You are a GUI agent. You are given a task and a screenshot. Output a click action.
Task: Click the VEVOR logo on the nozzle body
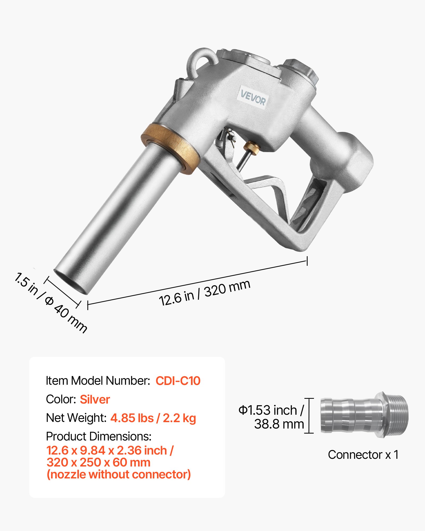point(253,98)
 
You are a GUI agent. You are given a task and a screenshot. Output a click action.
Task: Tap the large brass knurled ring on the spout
point(170,149)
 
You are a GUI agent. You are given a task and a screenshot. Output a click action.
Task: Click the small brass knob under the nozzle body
point(250,147)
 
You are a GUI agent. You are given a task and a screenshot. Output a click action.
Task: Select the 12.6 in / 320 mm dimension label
point(205,293)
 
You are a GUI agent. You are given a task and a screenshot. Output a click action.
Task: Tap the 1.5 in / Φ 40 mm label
point(50,303)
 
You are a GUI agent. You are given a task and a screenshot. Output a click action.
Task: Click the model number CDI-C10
point(178,381)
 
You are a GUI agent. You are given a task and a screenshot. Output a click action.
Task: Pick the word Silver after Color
point(95,399)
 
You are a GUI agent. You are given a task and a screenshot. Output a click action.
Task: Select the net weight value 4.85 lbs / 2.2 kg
point(153,418)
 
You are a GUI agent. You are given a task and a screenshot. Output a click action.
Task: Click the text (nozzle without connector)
point(119,474)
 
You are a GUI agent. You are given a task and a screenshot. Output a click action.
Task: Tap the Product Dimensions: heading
point(99,436)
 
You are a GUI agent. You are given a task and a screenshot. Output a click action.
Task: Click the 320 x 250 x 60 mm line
point(99,462)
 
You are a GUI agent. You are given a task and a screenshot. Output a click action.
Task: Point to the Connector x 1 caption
point(363,455)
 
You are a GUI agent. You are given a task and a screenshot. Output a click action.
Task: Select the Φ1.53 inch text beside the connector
point(271,410)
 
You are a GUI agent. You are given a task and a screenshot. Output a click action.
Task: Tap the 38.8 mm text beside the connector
point(279,424)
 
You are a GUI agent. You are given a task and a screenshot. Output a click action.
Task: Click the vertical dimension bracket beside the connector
point(309,416)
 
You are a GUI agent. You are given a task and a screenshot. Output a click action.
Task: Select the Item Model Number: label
point(98,381)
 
